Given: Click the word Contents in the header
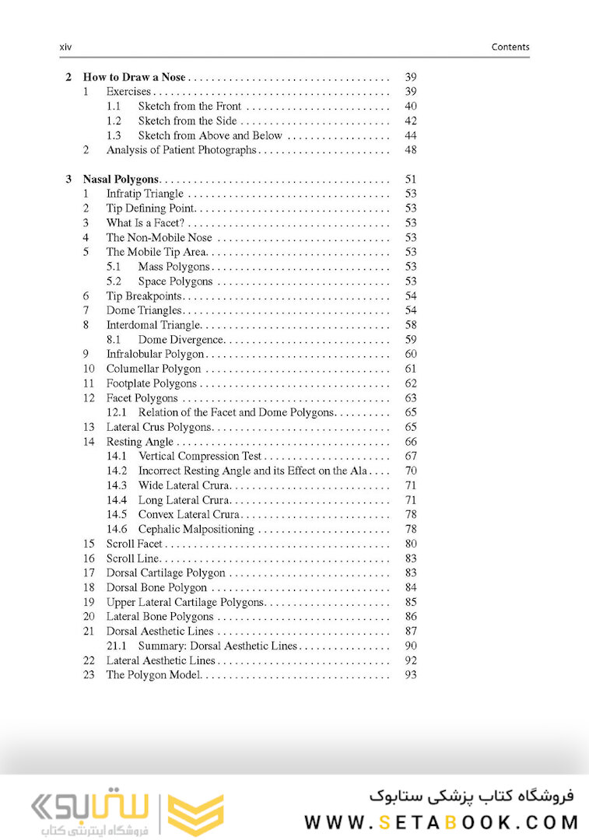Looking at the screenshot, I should [x=510, y=47].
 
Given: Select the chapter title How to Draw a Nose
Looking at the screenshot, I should [x=135, y=77].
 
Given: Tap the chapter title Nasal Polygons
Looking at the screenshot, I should [x=121, y=179].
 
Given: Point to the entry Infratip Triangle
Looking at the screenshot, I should [x=145, y=194].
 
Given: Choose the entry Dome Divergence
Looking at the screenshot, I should [x=181, y=340].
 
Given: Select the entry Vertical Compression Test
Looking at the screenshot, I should [x=200, y=457].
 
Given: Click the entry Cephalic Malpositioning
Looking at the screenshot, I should [x=196, y=529].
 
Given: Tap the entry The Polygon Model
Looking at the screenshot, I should [x=153, y=675].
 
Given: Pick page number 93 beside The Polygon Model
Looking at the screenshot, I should [x=411, y=675].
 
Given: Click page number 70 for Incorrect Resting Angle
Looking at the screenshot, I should [x=411, y=471].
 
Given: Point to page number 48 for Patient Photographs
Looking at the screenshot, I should [x=411, y=150].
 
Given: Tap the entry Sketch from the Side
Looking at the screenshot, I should [x=188, y=121].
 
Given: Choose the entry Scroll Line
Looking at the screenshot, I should [x=133, y=558].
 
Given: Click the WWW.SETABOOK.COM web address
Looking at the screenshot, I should [x=441, y=822].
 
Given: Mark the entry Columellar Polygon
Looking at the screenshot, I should [x=153, y=369].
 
